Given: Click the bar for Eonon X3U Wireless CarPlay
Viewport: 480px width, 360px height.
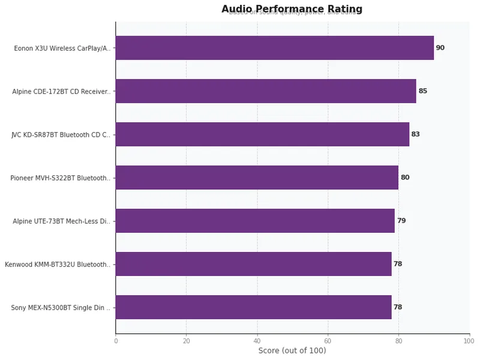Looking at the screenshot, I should (x=274, y=48).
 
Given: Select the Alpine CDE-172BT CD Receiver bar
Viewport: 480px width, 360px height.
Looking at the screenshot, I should (x=265, y=91).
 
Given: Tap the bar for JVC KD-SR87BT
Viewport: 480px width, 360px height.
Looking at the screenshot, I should (x=262, y=134).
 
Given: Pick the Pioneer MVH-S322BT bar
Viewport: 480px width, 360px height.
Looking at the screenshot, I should (x=257, y=178).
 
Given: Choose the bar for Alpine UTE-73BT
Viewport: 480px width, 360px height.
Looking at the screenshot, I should (x=255, y=221).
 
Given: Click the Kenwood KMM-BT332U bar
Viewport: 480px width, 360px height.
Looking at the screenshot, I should (x=253, y=264).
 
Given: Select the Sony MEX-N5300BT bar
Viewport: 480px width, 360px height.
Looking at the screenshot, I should (x=253, y=307).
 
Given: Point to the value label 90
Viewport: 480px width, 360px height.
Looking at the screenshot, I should (x=440, y=48).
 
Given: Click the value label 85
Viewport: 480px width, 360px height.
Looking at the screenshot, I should (x=422, y=91).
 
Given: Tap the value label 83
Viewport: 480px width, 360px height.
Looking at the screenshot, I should (x=415, y=134).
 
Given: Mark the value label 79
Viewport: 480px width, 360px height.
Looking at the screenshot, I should (x=401, y=221).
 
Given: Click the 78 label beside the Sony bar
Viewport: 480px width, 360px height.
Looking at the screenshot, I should (x=397, y=307).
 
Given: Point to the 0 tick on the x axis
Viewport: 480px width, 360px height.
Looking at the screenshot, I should (x=116, y=341).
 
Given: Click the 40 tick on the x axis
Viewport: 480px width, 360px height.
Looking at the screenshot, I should (x=257, y=341).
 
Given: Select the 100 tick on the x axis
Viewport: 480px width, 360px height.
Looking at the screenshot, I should (x=469, y=341).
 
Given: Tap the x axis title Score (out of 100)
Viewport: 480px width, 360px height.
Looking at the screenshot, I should (x=292, y=351).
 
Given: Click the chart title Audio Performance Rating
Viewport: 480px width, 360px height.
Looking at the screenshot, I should (x=292, y=9).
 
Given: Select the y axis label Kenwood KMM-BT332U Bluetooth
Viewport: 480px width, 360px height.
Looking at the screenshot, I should (x=58, y=265).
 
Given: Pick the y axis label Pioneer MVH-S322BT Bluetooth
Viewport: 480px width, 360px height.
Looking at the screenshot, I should (x=60, y=178).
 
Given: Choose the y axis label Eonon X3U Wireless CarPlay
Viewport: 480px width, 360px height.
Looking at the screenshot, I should (x=62, y=49).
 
